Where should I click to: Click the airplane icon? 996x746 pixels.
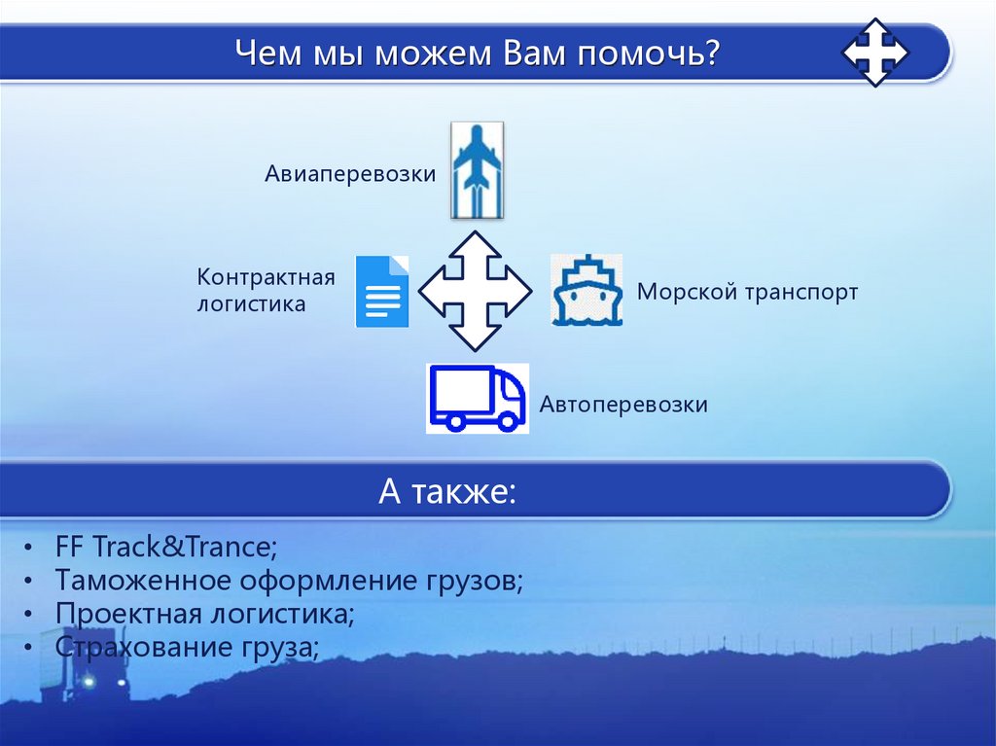(477, 169)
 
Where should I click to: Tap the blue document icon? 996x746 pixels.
(382, 291)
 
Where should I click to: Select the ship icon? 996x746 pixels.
(587, 290)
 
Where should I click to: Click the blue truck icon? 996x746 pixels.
(478, 398)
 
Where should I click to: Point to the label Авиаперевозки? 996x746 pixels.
(350, 174)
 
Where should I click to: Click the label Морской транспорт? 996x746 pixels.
(747, 292)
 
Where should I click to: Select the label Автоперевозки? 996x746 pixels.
(623, 404)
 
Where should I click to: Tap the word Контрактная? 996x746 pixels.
(266, 277)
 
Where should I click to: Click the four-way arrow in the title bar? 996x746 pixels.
(875, 52)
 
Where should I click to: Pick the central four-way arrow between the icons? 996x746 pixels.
(475, 291)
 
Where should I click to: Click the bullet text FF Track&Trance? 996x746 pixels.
(166, 547)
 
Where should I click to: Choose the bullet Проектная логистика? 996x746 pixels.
(204, 614)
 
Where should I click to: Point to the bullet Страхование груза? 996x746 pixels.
(187, 647)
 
